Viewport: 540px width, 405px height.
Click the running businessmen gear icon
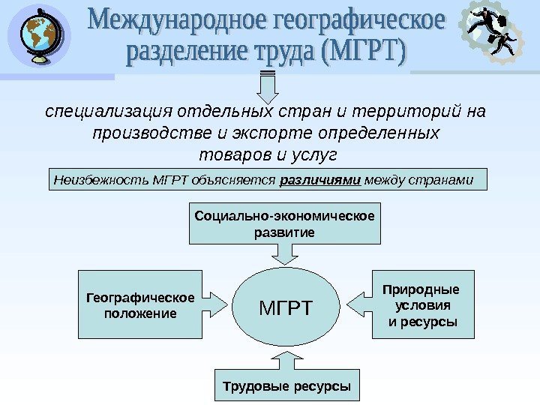click(493, 33)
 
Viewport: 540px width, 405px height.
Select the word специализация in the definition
click(109, 112)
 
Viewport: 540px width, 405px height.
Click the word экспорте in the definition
click(284, 133)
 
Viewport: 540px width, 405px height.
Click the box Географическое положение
click(139, 304)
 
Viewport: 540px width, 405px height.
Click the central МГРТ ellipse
click(285, 307)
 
